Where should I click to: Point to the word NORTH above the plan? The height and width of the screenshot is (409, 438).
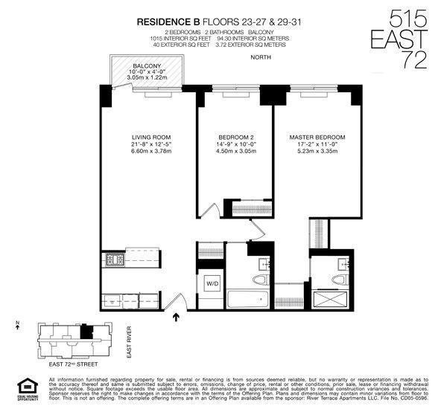click(261, 57)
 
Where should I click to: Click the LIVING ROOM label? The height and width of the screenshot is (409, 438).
click(152, 138)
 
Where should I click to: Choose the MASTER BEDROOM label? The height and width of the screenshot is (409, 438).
click(317, 138)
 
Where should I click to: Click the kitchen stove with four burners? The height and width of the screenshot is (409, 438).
click(114, 260)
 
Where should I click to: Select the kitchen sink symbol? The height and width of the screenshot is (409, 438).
click(112, 300)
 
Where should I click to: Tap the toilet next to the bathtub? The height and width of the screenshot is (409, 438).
click(258, 280)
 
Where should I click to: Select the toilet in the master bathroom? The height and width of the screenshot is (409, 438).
click(340, 280)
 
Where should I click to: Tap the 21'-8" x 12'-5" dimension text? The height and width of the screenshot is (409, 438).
click(152, 145)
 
